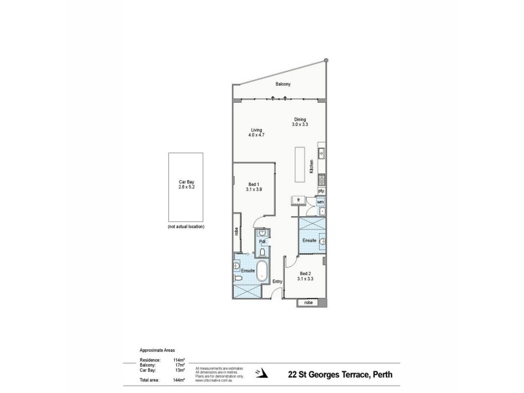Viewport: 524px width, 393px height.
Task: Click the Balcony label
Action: coord(284,84)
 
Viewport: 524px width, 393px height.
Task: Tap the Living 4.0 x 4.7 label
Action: coord(256,132)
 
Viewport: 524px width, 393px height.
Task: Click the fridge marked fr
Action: coord(298,199)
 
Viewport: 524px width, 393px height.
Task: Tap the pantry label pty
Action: coord(321,191)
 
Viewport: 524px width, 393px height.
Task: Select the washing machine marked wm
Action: coord(321,202)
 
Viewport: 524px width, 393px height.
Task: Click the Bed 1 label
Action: coord(255,187)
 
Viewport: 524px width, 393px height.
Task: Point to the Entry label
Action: coord(278,282)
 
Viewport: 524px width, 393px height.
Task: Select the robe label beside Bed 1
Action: coord(236,231)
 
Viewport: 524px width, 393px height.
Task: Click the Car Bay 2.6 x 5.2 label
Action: coord(187,185)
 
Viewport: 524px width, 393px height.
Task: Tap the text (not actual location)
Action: coord(187,227)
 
